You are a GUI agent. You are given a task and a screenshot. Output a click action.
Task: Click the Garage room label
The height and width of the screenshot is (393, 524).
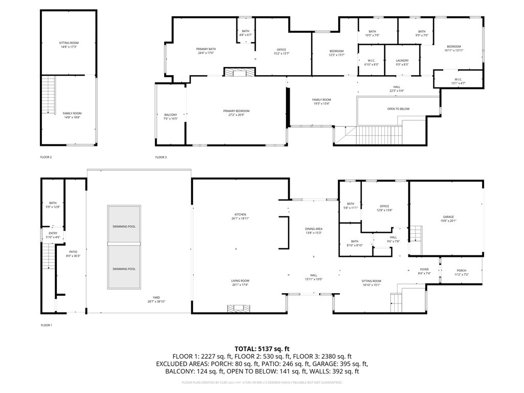(448, 217)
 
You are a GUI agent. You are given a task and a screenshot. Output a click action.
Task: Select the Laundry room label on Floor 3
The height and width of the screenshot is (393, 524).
(402, 61)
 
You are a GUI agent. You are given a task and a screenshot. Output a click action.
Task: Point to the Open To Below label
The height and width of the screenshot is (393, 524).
(398, 109)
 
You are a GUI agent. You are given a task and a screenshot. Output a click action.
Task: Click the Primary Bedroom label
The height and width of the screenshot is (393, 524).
(236, 111)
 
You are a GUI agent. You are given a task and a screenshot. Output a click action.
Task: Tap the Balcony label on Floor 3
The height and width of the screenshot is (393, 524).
(170, 115)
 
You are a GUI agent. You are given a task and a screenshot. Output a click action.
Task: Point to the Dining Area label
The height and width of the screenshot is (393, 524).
(314, 229)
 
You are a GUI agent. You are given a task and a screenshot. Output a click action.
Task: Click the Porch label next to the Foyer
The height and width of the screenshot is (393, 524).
(462, 271)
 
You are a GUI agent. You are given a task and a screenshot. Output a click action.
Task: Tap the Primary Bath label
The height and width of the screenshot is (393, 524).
(205, 49)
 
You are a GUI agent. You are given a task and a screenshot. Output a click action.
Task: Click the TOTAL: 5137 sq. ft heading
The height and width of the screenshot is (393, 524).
(261, 348)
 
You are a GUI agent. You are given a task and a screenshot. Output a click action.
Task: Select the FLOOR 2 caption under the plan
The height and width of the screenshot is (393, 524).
(46, 157)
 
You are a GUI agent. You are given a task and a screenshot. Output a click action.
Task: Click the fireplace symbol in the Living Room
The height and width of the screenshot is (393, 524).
(238, 308)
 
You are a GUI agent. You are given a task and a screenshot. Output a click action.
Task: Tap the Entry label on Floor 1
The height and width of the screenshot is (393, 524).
(53, 233)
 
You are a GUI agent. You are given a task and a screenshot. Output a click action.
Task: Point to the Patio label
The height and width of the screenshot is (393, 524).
(73, 252)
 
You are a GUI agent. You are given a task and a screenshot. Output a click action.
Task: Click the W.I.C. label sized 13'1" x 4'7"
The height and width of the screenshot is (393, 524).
(458, 79)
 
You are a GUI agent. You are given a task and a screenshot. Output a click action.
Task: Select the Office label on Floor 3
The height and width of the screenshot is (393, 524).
(281, 50)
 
